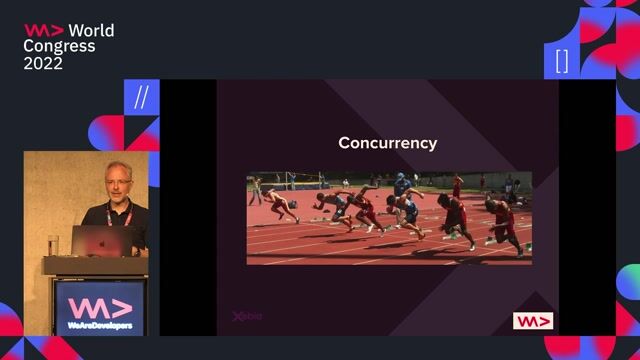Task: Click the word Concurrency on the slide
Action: coord(387,143)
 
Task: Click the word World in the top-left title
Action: coord(91,30)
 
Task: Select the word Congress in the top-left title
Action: coord(60,46)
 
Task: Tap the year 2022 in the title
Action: coord(44,63)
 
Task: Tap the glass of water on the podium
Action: coord(53,245)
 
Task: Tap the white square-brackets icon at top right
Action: coord(562,61)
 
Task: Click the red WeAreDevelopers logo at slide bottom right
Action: coord(533,321)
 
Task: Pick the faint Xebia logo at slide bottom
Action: coord(247,317)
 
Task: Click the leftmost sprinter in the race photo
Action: coord(281,204)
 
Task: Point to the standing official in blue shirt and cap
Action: coord(401,184)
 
